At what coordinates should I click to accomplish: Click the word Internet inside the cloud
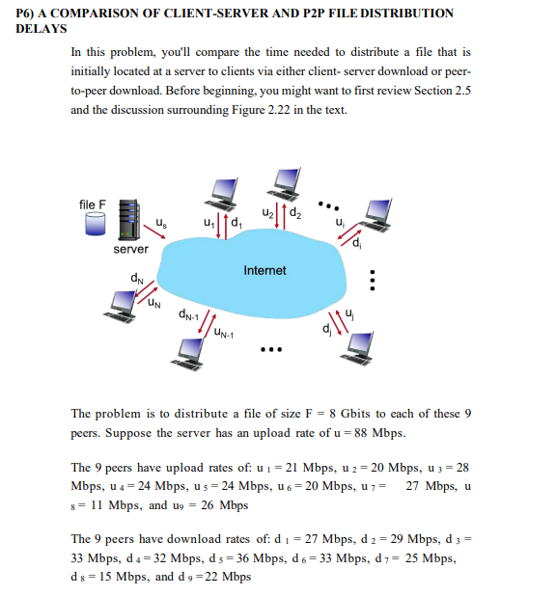[264, 271]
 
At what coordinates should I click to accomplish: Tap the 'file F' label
[93, 204]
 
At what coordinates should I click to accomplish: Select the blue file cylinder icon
[93, 224]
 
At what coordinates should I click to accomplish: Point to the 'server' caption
[130, 249]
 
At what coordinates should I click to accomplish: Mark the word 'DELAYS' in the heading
[41, 28]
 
